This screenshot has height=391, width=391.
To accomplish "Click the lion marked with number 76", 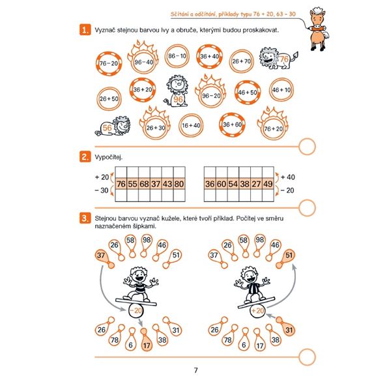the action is [278, 59].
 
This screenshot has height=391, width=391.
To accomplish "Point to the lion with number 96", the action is [176, 91].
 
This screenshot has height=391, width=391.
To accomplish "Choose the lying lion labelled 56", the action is [113, 126].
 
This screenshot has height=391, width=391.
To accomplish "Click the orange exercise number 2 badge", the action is [85, 157].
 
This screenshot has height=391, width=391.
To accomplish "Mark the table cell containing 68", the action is [144, 184].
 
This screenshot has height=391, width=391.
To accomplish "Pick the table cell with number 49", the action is [268, 184].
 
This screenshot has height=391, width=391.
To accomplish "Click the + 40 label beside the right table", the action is [287, 177].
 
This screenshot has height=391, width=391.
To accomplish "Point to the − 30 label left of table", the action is [102, 190].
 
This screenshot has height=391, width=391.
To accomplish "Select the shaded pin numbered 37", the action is [104, 259].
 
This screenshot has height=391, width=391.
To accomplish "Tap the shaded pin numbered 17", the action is [145, 341].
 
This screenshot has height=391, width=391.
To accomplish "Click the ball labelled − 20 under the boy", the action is [136, 310].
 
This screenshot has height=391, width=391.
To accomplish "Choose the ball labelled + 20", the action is [257, 311].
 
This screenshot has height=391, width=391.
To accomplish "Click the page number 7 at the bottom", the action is [195, 370].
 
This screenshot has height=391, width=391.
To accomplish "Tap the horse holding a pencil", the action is [318, 29].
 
